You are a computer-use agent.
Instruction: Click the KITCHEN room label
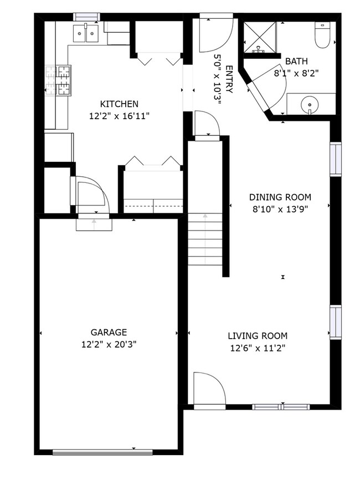coord(119,104)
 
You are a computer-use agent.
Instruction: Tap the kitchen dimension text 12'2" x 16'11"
coord(119,116)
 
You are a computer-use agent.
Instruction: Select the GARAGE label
coord(109,333)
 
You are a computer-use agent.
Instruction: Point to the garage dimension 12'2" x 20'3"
coord(109,344)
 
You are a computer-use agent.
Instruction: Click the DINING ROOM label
coord(280,197)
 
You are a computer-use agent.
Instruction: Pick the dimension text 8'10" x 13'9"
coord(280,209)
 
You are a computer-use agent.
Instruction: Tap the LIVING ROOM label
coord(258,336)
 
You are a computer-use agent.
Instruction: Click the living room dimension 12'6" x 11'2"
coord(258,348)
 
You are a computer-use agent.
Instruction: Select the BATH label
coord(296,62)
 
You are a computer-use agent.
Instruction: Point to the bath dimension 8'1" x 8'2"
coord(296,73)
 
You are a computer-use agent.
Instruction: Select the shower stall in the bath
coord(259,35)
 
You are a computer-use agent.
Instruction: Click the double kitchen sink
coord(85,34)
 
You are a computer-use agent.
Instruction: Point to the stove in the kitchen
coord(59,80)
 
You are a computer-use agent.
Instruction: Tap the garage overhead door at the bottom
coord(102,452)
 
